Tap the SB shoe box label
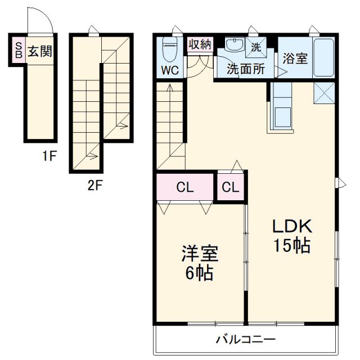[x=18, y=50]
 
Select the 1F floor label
[x=49, y=156]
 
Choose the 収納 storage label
[x=199, y=44]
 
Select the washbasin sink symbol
[x=232, y=46]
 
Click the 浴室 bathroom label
[x=295, y=57]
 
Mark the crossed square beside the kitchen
[x=325, y=93]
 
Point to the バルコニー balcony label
[x=246, y=339]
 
